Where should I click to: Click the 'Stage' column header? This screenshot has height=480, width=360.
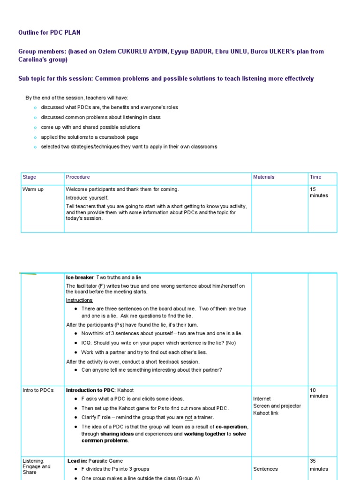click(x=29, y=177)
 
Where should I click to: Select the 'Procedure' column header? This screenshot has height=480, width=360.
click(x=78, y=177)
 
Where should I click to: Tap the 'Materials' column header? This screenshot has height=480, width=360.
click(x=264, y=177)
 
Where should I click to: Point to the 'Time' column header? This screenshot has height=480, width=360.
click(x=315, y=177)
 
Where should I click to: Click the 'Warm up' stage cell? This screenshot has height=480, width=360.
click(x=33, y=189)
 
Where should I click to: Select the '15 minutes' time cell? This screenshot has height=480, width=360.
click(x=319, y=192)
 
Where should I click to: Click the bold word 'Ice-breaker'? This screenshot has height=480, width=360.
click(x=80, y=277)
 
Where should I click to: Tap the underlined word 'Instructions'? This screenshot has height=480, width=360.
click(x=79, y=300)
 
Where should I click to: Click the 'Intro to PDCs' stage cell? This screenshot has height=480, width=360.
click(x=38, y=390)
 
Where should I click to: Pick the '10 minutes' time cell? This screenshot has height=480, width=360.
click(x=319, y=393)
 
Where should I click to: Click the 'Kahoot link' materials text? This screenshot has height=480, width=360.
click(x=266, y=413)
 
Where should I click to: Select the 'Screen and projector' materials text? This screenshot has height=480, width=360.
click(x=277, y=406)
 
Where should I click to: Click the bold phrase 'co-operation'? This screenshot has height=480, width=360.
click(x=232, y=427)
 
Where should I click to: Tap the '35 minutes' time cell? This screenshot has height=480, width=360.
click(x=319, y=465)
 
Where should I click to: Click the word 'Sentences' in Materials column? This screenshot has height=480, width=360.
click(x=265, y=469)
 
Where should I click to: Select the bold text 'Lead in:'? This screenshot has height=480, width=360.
click(x=77, y=461)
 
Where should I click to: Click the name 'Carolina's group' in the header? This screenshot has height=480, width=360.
click(x=43, y=60)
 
